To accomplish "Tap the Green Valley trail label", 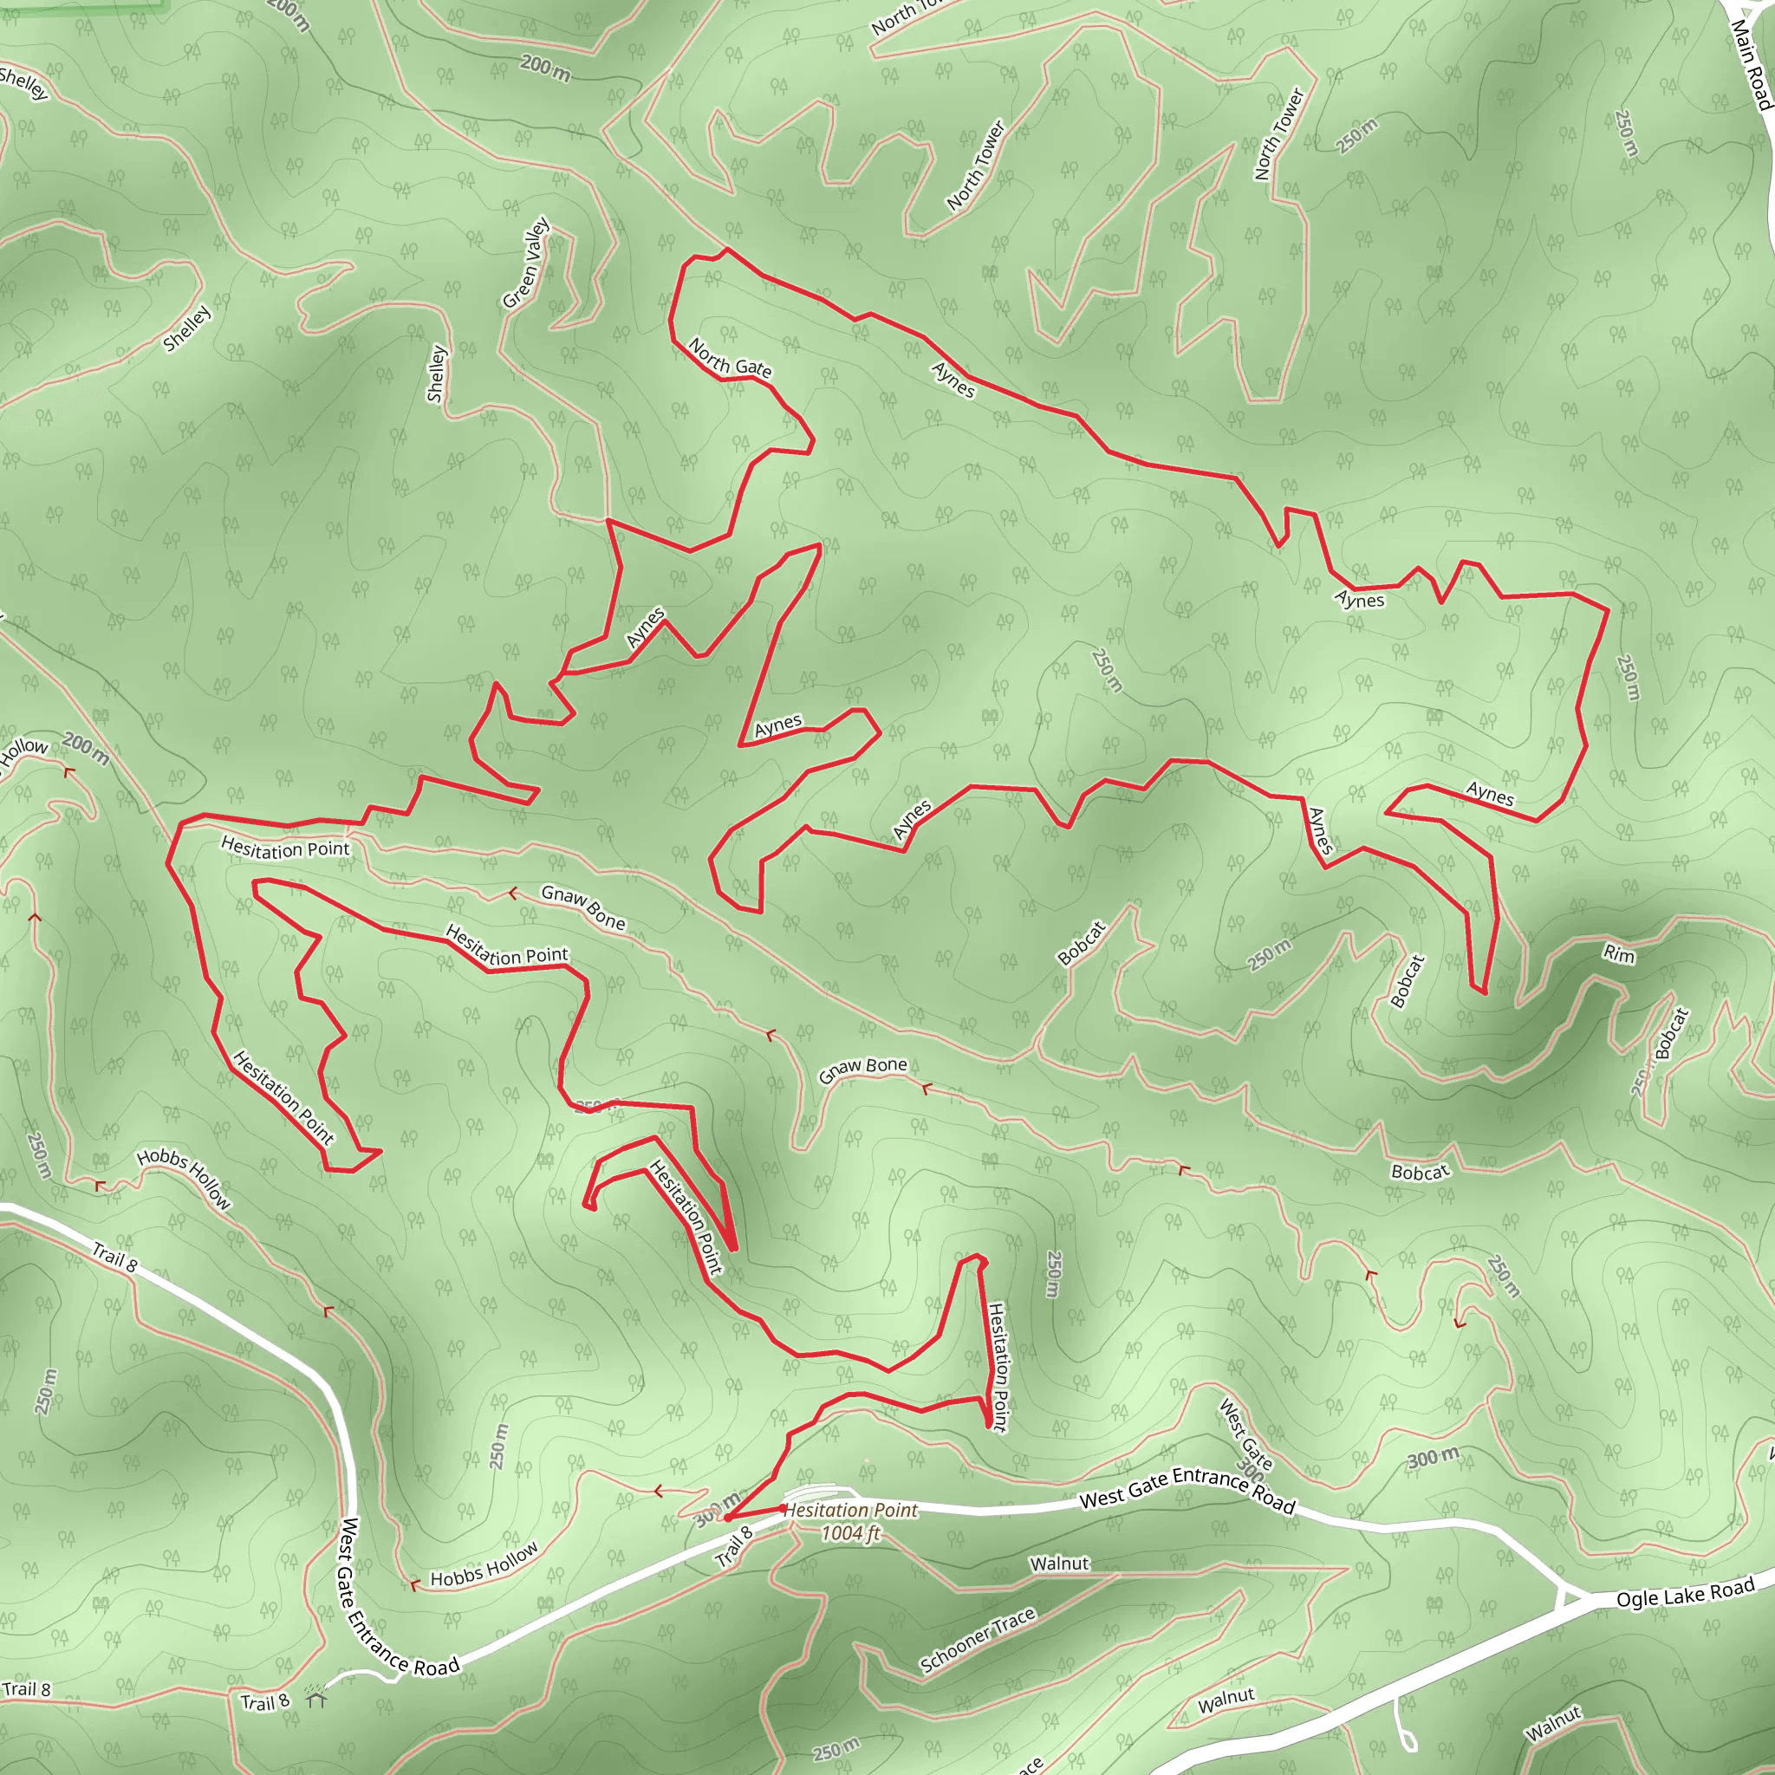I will (x=525, y=263).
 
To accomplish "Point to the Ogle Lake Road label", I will (x=1685, y=1592).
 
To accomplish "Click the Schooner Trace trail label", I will (x=978, y=1640).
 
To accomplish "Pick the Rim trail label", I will (x=1619, y=954).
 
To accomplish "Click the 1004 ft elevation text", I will (x=850, y=1533).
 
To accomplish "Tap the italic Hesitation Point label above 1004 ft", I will (x=852, y=1511).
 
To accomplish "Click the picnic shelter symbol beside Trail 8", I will (x=317, y=1699).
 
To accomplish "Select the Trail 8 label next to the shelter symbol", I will (x=264, y=1702).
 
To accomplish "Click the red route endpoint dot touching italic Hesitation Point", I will (x=783, y=1508).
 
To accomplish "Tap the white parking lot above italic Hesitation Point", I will (x=824, y=1494).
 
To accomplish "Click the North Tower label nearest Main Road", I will (x=1279, y=134).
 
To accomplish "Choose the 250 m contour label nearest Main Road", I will (x=1626, y=133).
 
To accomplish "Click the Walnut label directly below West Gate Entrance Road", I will (x=1059, y=1564).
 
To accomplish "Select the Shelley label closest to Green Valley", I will (x=437, y=373).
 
